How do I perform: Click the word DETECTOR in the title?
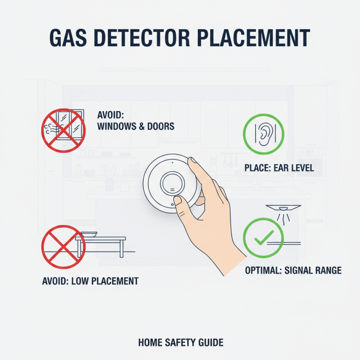pyautogui.click(x=142, y=38)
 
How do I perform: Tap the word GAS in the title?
pyautogui.click(x=68, y=38)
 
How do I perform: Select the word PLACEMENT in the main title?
pyautogui.click(x=253, y=38)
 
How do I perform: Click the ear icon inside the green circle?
pyautogui.click(x=265, y=134)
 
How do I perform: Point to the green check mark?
pyautogui.click(x=264, y=238)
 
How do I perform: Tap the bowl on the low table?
pyautogui.click(x=89, y=234)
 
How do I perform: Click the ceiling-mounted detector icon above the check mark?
pyautogui.click(x=283, y=208)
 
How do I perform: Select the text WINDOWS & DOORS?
pyautogui.click(x=136, y=126)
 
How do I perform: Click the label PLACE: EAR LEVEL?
pyautogui.click(x=279, y=168)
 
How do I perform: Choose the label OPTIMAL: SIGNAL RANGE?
pyautogui.click(x=293, y=270)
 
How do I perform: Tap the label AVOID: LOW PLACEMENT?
pyautogui.click(x=90, y=281)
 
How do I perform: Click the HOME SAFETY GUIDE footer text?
pyautogui.click(x=181, y=342)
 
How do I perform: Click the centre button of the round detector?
pyautogui.click(x=172, y=184)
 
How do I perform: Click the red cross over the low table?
pyautogui.click(x=63, y=247)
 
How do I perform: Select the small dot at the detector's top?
pyautogui.click(x=172, y=163)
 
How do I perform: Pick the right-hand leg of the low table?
pyautogui.click(x=121, y=249)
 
